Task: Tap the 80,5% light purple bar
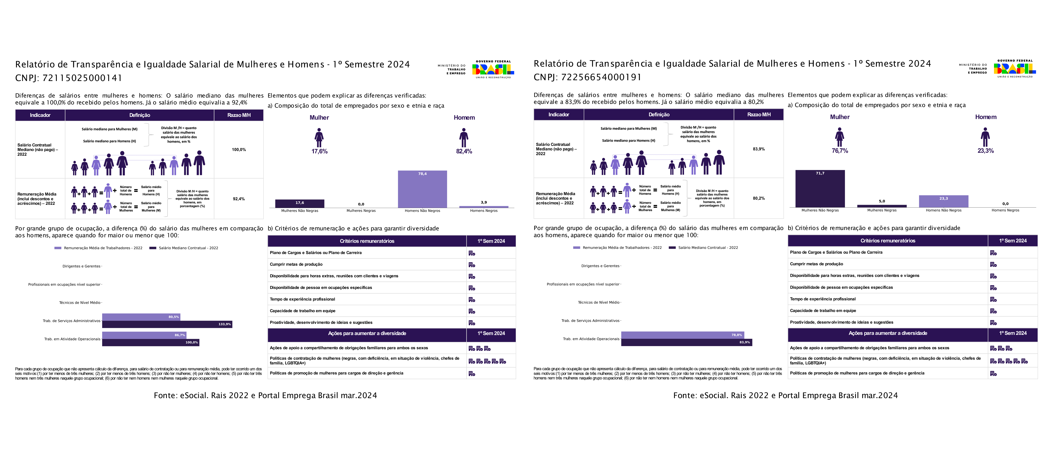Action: tap(141, 317)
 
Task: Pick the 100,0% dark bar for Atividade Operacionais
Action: tap(150, 343)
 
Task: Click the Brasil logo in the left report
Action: tap(493, 69)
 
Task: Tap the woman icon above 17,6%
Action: tap(319, 138)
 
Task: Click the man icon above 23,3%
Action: tap(985, 137)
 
